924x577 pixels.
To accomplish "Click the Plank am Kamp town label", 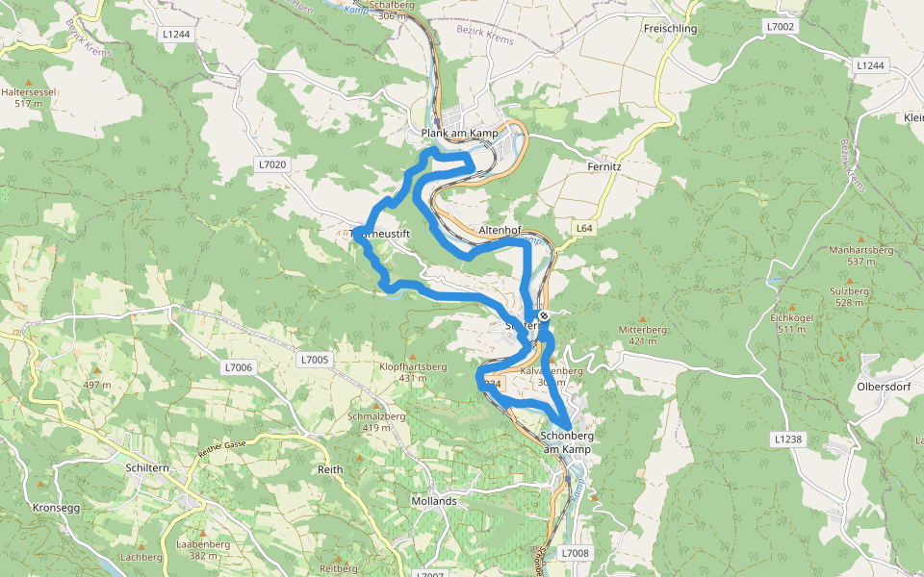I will click(x=459, y=132).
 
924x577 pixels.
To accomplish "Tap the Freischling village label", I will click(x=669, y=29).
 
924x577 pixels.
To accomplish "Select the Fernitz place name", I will click(x=604, y=166).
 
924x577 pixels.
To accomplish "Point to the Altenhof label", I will click(x=500, y=231).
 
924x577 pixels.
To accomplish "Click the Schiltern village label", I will click(x=146, y=466).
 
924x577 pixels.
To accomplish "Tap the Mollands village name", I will click(x=433, y=501).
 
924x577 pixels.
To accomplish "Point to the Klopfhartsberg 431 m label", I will click(x=412, y=372).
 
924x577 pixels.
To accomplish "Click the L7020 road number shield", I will click(x=272, y=165).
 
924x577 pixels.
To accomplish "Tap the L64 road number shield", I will click(x=583, y=229).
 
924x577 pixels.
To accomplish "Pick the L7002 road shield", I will click(x=781, y=26).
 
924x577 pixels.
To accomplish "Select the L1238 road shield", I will click(x=786, y=439).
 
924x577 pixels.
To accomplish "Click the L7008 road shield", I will click(x=574, y=553).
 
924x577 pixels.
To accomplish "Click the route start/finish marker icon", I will click(x=544, y=314).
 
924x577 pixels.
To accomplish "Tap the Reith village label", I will click(x=329, y=469).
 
